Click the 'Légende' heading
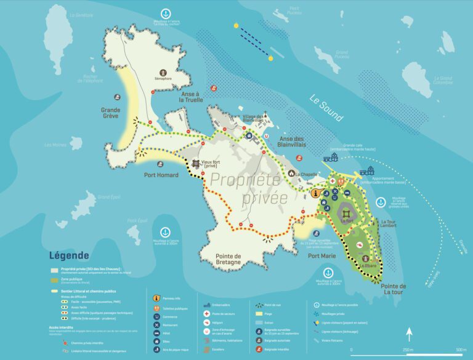69,255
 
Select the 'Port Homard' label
161,175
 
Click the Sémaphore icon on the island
163,71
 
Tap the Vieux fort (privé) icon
197,162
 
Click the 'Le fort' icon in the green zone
345,207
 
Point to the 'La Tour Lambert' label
392,225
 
